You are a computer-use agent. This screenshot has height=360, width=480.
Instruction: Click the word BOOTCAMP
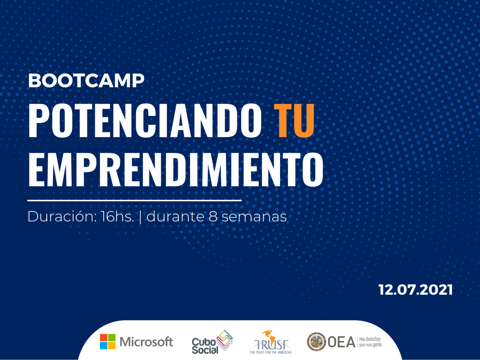86,80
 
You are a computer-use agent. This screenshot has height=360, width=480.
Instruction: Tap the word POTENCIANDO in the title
145,120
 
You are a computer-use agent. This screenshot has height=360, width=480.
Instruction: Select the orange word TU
294,120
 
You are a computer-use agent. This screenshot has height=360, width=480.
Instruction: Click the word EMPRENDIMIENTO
176,170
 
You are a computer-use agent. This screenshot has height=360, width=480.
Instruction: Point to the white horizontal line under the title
134,200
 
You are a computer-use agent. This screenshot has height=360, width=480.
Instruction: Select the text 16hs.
117,217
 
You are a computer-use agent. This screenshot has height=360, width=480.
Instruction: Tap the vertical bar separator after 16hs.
140,217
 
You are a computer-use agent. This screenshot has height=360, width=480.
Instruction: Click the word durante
175,217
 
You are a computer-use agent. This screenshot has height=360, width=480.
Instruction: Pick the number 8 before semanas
213,217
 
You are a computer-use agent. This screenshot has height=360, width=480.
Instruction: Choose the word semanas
254,218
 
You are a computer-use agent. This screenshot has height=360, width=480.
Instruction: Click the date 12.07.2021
415,290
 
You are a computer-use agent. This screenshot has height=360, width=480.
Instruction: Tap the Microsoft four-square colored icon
108,342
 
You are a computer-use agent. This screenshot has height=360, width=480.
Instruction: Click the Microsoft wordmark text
146,342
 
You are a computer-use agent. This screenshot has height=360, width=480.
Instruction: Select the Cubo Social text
205,346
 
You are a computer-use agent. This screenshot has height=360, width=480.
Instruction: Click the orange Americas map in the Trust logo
270,338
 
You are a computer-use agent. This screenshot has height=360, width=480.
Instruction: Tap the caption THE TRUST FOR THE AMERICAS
271,352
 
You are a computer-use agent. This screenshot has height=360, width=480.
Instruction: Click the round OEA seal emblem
316,342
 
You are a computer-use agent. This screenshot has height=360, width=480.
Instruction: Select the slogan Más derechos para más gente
370,342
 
